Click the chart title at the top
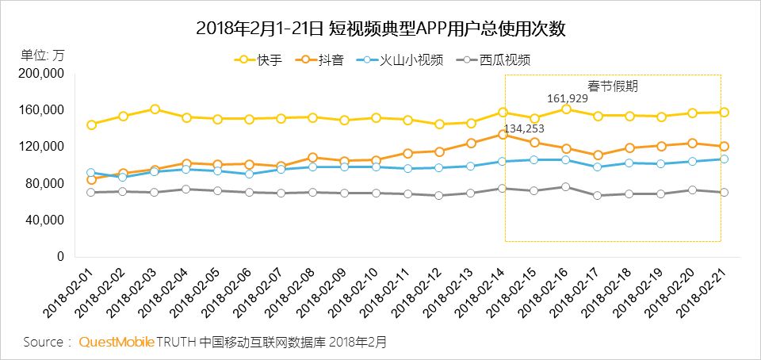point(380,29)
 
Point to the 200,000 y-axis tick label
point(40,73)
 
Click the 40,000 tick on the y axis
point(44,220)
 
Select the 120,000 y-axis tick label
point(40,147)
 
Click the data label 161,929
point(568,98)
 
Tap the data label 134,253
point(524,128)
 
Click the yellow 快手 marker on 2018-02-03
point(155,109)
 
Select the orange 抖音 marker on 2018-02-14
point(503,134)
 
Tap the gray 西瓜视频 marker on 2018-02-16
point(566,187)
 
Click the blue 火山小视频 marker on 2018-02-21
point(724,159)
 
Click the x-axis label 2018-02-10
point(354,293)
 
